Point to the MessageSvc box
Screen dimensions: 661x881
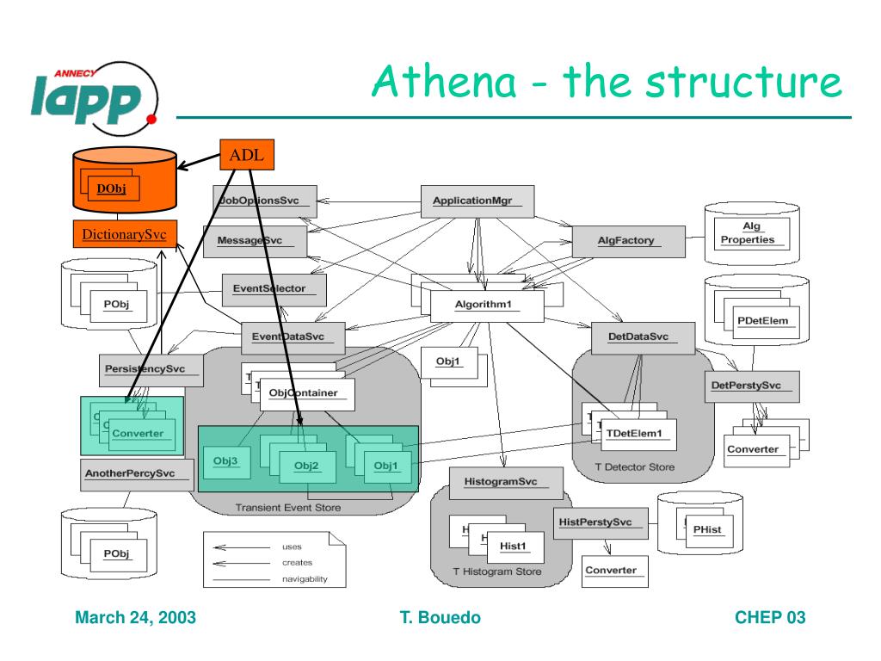tap(255, 242)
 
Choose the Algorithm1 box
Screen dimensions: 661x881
tap(487, 306)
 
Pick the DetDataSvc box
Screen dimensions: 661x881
tap(644, 337)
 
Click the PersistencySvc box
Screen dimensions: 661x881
tap(151, 369)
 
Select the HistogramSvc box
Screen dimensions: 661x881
tap(506, 482)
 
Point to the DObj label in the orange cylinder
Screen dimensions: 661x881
tap(112, 188)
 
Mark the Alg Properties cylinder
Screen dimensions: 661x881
tap(747, 233)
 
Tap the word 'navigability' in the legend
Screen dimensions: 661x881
tap(305, 579)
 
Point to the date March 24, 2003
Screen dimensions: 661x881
tap(135, 618)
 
